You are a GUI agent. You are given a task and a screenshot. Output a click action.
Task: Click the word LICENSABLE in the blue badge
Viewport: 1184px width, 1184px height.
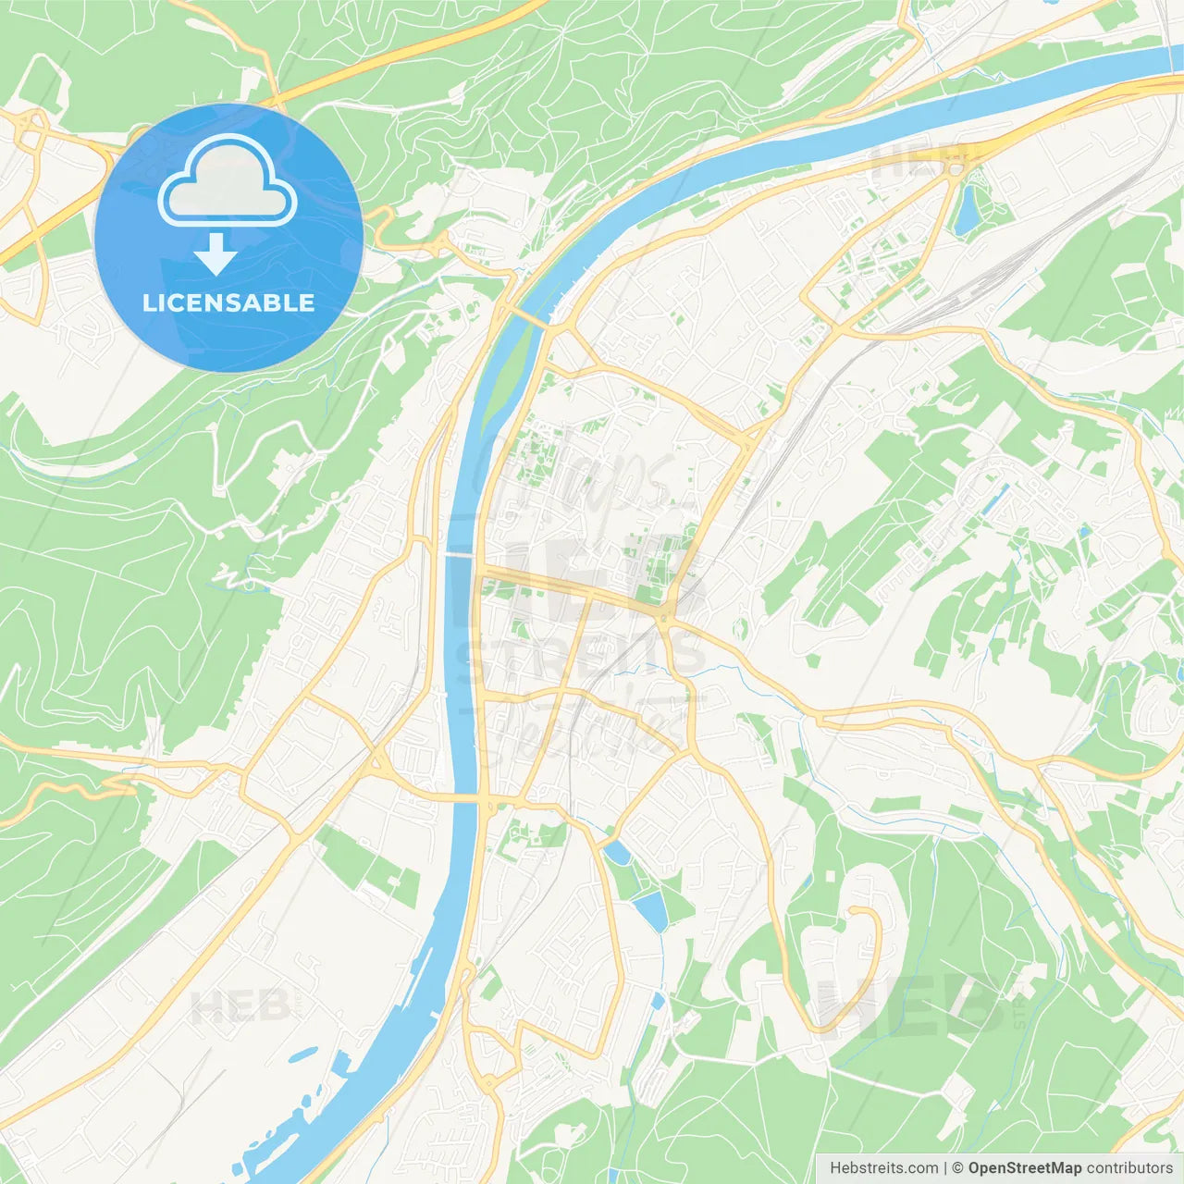click(228, 303)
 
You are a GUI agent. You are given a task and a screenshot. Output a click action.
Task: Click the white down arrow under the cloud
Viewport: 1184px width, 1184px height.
click(216, 254)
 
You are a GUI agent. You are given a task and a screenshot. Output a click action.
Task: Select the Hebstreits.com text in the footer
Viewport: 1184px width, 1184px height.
click(883, 1168)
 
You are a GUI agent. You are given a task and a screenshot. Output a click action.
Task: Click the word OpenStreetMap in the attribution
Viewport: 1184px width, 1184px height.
click(1024, 1168)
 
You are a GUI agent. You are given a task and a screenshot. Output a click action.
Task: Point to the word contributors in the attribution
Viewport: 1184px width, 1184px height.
click(1129, 1168)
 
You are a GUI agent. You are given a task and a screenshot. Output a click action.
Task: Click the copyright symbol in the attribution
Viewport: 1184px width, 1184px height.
click(958, 1168)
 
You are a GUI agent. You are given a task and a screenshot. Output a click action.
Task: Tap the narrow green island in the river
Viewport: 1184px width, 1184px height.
click(506, 375)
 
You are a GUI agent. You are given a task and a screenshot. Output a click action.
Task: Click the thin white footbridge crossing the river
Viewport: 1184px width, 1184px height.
click(460, 554)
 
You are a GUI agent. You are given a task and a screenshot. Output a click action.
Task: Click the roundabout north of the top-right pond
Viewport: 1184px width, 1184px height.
click(956, 169)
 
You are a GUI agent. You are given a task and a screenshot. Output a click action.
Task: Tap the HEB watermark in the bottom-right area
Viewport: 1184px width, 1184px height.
click(911, 1004)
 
